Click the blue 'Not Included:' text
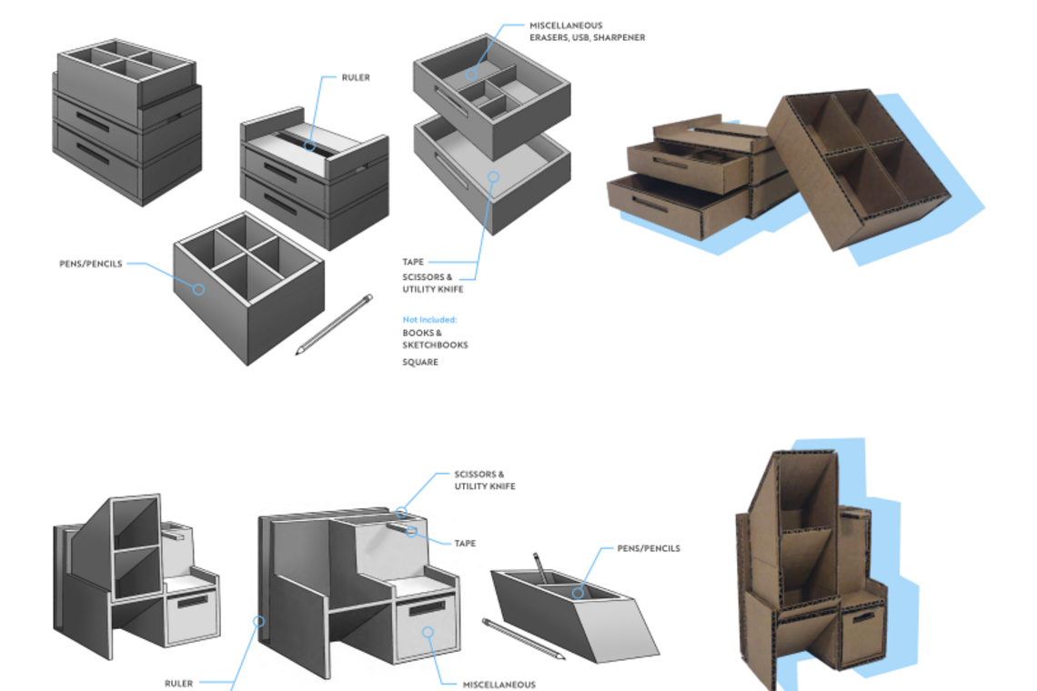pyautogui.click(x=429, y=320)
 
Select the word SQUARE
pyautogui.click(x=420, y=362)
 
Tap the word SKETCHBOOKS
pyautogui.click(x=435, y=345)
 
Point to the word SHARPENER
pyautogui.click(x=623, y=37)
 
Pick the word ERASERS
pyautogui.click(x=549, y=37)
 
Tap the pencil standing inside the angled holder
pyautogui.click(x=539, y=567)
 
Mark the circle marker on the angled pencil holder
pyautogui.click(x=578, y=593)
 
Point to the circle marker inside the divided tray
pyautogui.click(x=471, y=73)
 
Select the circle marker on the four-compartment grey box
pyautogui.click(x=199, y=289)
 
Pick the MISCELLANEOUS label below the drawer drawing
pyautogui.click(x=498, y=685)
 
